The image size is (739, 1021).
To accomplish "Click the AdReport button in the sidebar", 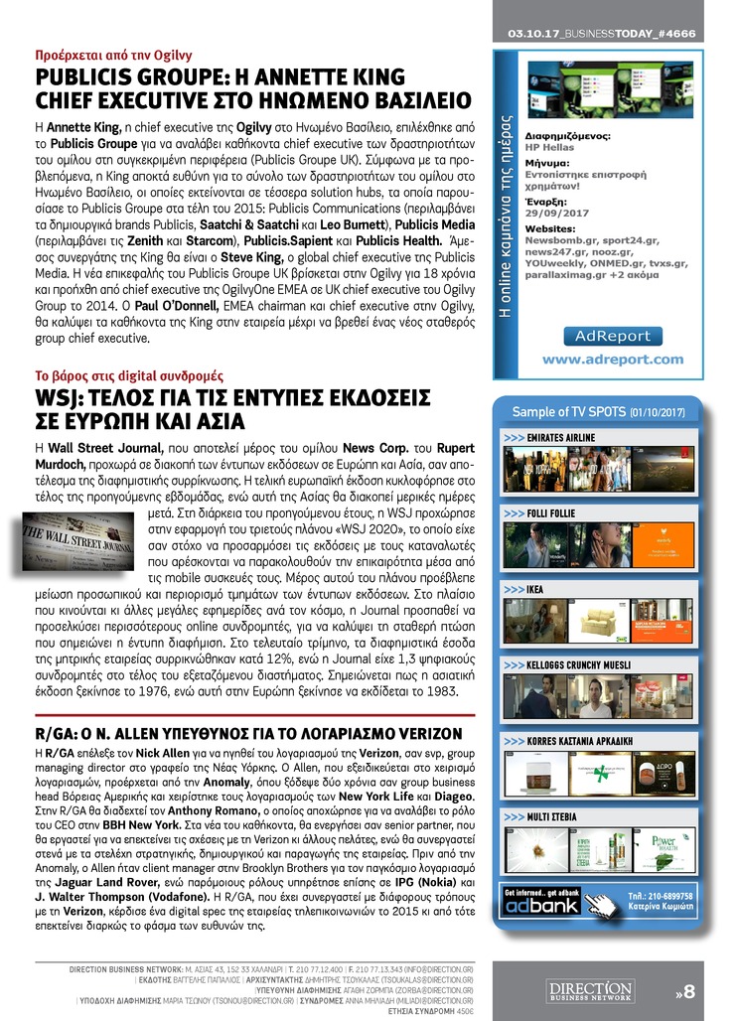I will (612, 336).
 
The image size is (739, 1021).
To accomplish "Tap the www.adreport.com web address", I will (612, 359).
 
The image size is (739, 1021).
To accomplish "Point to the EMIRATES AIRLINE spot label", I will (561, 437).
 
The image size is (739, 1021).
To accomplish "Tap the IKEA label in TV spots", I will (535, 589).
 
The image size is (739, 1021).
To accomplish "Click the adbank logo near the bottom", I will (542, 906).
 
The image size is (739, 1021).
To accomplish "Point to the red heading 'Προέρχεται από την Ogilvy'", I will (113, 56).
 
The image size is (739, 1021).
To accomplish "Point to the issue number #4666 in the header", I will (674, 33).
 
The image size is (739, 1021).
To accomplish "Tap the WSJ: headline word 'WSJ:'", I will (62, 399).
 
